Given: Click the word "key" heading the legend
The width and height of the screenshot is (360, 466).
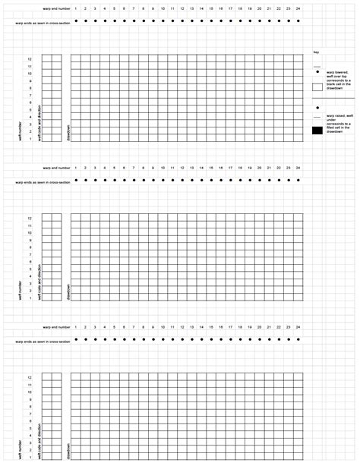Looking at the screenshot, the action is (316, 52).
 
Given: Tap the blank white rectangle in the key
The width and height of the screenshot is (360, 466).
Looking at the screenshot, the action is (317, 87).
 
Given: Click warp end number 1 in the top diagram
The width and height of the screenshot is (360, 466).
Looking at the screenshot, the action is (76, 8).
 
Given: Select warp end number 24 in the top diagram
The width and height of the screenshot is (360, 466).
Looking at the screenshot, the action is (298, 8).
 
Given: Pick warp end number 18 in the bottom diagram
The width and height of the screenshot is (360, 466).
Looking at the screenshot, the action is (241, 327).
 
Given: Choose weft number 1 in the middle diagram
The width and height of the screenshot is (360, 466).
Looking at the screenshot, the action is (30, 298).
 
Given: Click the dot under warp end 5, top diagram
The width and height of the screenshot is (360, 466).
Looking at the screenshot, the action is (115, 21).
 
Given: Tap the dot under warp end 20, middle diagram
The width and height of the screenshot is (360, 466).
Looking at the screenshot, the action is (260, 181).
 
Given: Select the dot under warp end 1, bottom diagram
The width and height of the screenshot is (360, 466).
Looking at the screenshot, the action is (76, 340).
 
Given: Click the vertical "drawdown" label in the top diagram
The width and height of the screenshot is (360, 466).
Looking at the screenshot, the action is (68, 133).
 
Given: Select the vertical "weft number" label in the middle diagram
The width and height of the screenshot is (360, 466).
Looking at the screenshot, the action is (21, 288).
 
